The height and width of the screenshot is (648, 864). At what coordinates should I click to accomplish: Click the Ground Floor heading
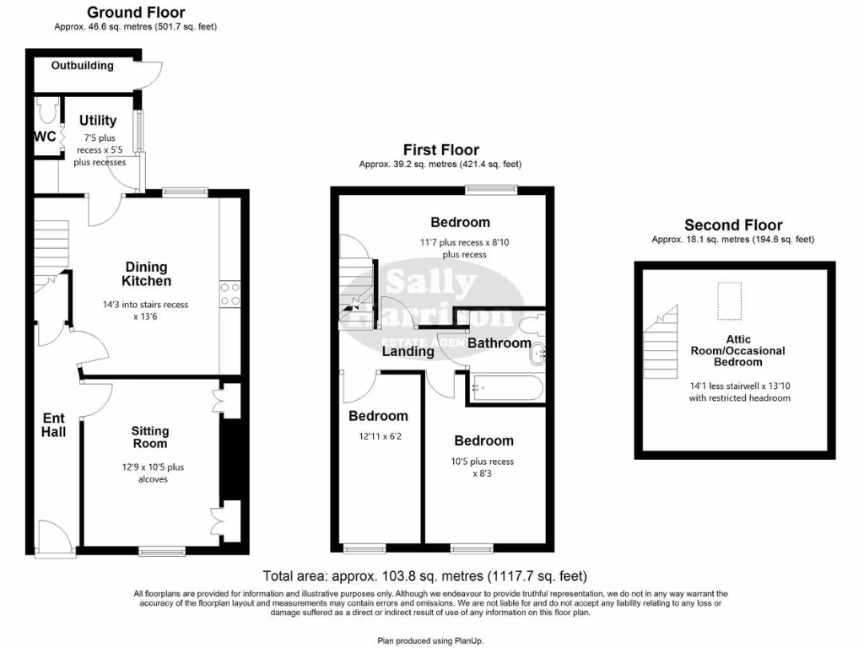136,13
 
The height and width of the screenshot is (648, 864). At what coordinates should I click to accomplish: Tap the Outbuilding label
82,66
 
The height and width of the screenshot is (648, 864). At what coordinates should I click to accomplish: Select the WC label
45,137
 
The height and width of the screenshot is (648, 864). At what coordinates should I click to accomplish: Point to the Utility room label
98,121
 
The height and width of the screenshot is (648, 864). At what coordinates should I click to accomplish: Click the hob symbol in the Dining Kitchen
229,293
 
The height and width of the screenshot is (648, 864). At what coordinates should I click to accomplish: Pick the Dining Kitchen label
146,274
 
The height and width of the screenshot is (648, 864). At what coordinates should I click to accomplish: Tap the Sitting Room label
149,437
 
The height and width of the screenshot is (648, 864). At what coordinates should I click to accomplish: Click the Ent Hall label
54,424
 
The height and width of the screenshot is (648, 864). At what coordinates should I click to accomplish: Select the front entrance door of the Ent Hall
52,537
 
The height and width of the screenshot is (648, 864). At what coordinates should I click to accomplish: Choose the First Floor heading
440,150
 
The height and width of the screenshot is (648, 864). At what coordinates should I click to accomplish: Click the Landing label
408,351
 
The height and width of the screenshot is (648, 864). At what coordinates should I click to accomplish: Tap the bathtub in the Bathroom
505,387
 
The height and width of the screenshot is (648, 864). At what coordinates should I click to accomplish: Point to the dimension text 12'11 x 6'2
378,436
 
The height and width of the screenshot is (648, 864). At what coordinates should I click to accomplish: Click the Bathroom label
499,343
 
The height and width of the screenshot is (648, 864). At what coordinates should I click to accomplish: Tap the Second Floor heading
732,225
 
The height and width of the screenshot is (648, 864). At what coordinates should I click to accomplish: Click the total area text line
424,577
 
